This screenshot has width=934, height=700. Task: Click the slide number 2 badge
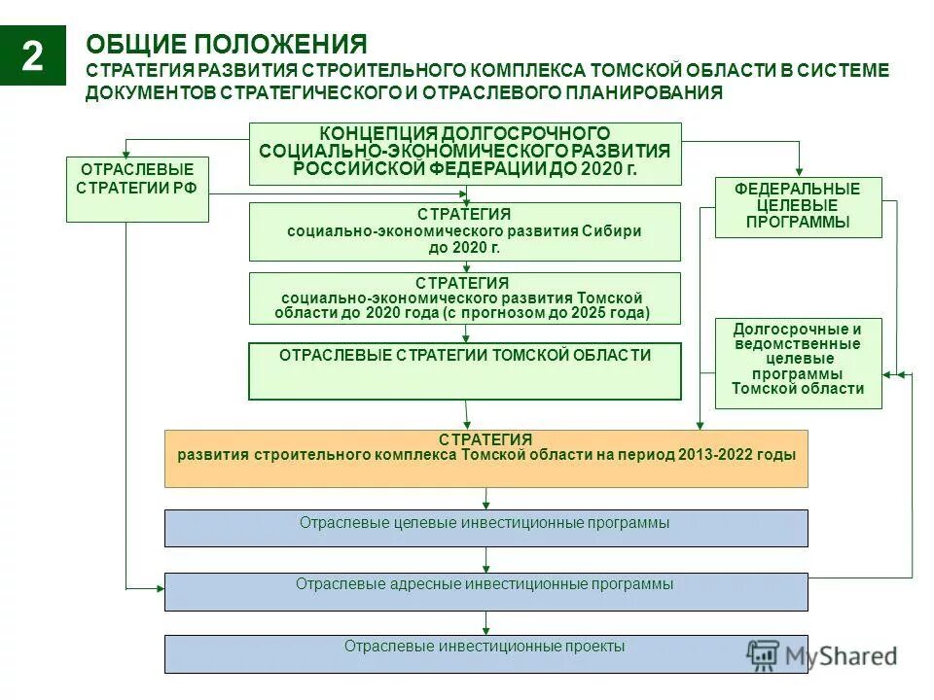33,56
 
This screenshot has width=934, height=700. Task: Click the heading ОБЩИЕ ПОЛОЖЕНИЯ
226,45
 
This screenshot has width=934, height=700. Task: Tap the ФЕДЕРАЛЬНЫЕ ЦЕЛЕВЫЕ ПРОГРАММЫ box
798,207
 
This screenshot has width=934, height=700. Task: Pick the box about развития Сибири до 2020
464,231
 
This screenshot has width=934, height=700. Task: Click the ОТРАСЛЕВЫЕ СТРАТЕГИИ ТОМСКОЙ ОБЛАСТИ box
464,370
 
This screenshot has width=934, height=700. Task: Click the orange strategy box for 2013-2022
485,458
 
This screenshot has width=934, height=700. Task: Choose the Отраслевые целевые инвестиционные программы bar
485,528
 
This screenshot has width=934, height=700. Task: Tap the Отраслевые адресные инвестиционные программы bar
485,591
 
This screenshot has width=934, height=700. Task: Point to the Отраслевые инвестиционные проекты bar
485,653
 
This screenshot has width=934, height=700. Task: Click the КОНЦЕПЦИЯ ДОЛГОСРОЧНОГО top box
464,154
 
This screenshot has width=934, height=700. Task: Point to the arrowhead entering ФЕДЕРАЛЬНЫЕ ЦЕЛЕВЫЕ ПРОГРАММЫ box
799,173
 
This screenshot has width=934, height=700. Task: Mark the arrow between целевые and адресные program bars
485,560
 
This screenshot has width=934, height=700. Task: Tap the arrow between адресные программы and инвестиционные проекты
485,623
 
